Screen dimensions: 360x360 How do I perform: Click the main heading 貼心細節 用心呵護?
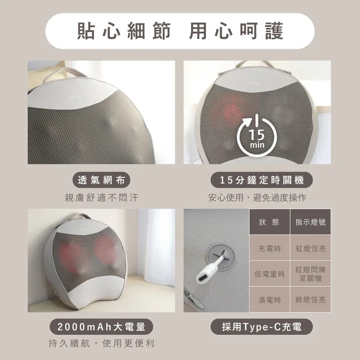[x=180, y=31]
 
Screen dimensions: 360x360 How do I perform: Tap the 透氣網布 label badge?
[x=101, y=180]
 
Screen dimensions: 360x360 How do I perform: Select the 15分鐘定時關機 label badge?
[x=262, y=180]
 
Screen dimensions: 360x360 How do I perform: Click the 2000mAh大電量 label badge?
[x=101, y=327]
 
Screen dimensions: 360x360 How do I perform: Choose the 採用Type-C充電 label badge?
[x=262, y=327]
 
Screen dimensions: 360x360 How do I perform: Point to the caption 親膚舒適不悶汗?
[x=101, y=198]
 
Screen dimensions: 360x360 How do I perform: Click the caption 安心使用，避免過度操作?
[x=262, y=198]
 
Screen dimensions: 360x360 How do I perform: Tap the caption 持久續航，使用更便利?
[x=101, y=344]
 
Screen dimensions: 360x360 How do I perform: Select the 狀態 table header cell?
[x=269, y=222]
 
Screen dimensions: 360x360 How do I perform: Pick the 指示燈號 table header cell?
[x=310, y=222]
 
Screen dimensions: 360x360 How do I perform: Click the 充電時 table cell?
[x=269, y=248]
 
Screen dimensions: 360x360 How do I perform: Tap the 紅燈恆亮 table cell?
[x=310, y=248]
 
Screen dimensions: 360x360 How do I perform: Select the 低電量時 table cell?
[x=269, y=274]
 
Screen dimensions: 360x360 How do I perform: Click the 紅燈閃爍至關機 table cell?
[x=310, y=274]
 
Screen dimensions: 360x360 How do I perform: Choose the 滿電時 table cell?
[x=269, y=299]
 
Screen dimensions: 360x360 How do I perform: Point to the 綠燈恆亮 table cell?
[x=310, y=299]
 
